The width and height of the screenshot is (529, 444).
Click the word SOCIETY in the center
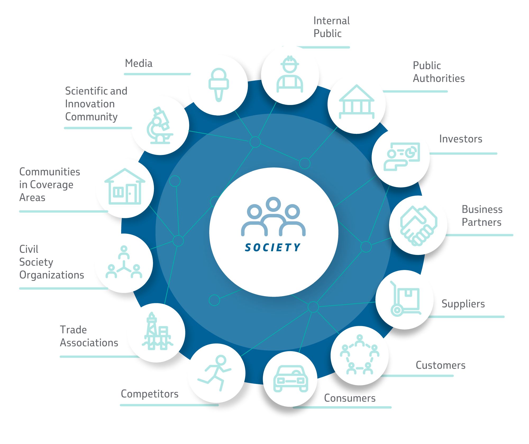[273, 247]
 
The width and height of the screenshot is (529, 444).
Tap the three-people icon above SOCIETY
[273, 216]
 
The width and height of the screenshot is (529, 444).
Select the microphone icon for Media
[218, 85]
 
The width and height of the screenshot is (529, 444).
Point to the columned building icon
[357, 102]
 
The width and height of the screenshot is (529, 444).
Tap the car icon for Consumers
[290, 378]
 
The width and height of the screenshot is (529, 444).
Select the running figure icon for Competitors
[215, 373]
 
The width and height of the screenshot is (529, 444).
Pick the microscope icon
[160, 125]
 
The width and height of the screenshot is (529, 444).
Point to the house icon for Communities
[125, 186]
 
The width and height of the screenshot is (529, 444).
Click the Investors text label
[461, 139]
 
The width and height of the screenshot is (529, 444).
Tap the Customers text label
[441, 365]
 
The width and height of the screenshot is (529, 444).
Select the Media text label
[139, 63]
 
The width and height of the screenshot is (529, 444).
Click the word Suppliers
[463, 304]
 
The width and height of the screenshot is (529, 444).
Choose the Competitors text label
[150, 394]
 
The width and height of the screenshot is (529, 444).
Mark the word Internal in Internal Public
[332, 21]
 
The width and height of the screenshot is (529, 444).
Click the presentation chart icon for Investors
[402, 157]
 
